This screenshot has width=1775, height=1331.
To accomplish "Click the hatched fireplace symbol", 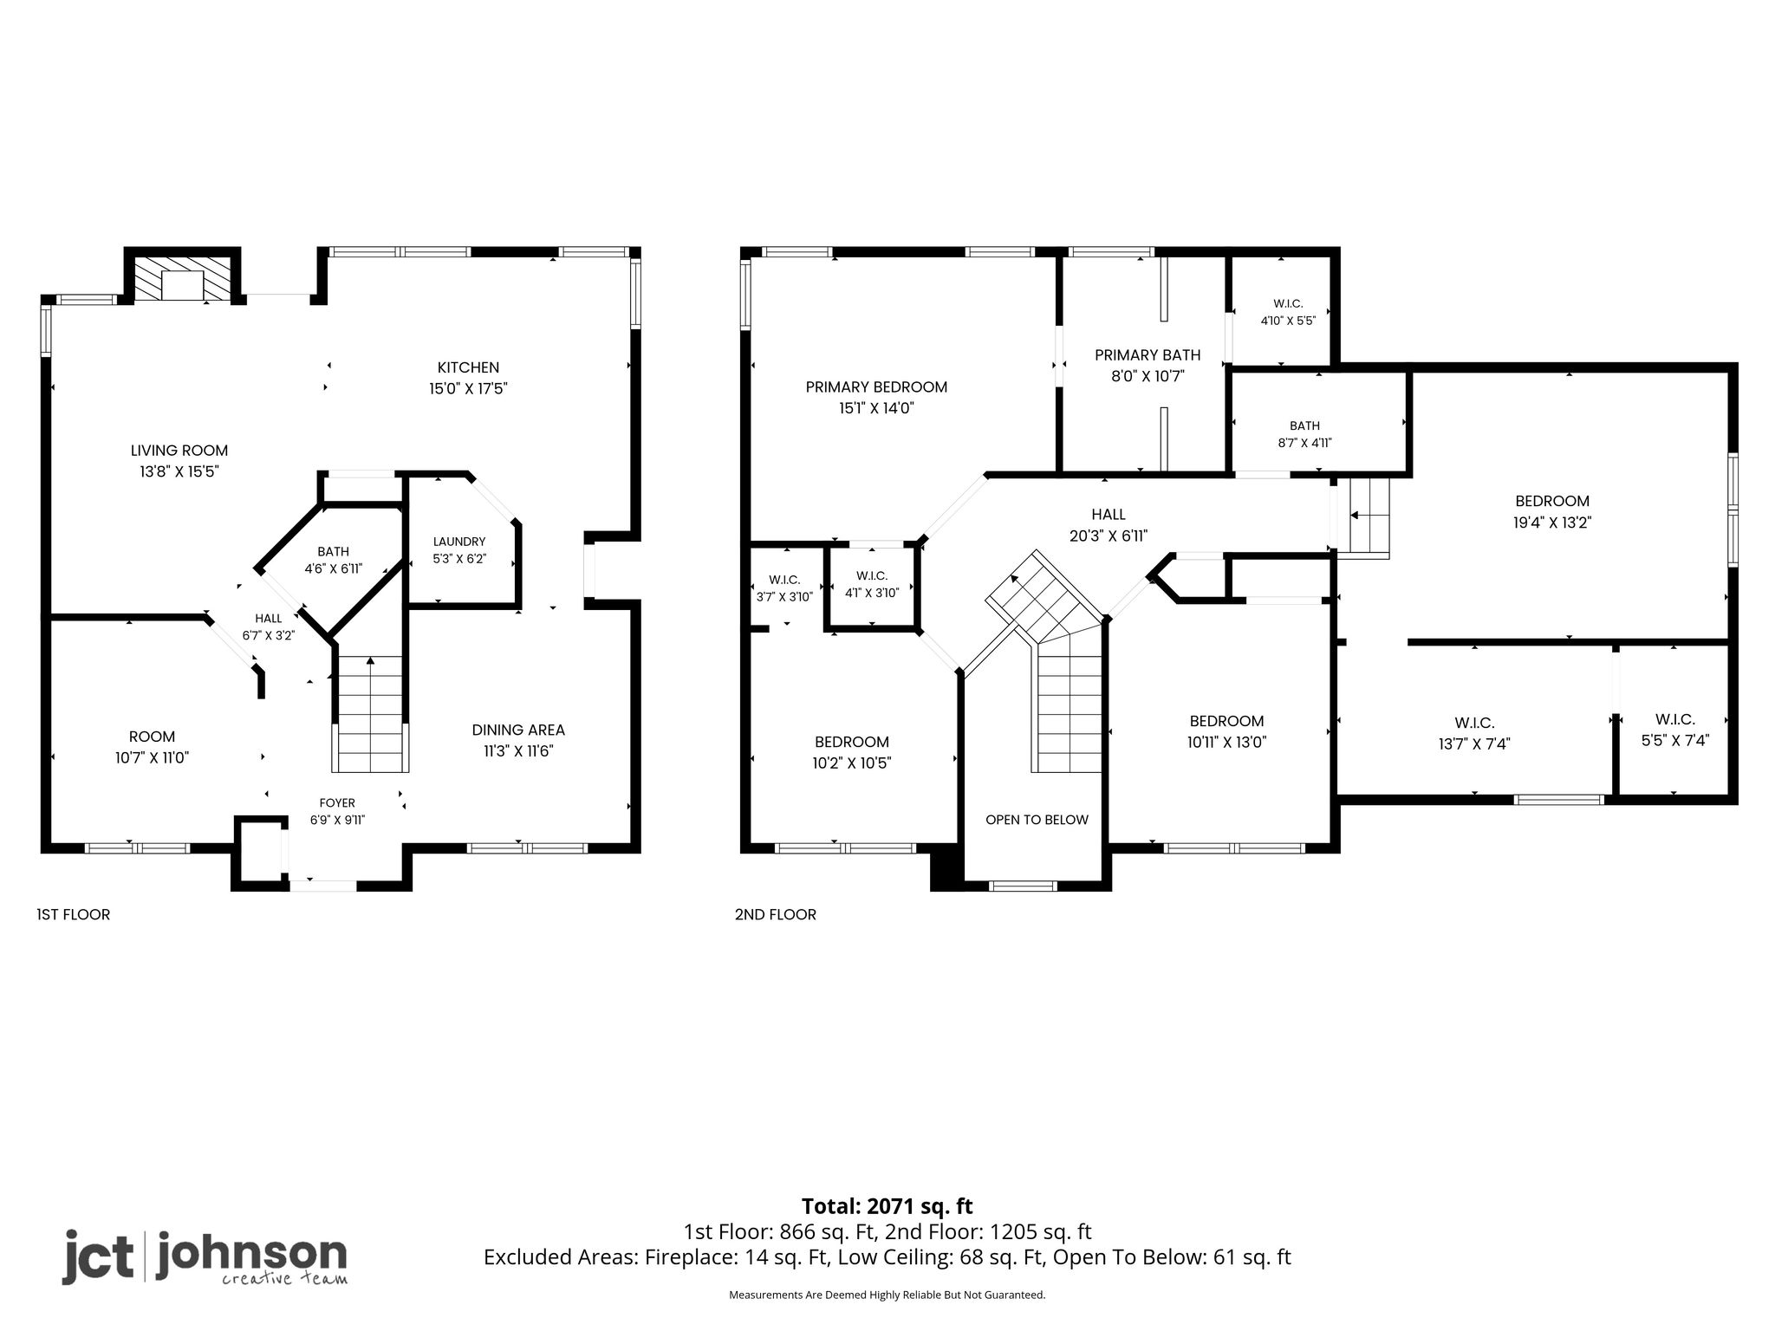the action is tap(183, 277).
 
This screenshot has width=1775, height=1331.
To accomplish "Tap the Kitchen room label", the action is tap(468, 367).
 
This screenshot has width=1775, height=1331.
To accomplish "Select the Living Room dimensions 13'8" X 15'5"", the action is tap(179, 471).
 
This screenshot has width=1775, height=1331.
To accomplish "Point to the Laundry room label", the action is tap(459, 542).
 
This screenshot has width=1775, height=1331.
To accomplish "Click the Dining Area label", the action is tap(518, 730).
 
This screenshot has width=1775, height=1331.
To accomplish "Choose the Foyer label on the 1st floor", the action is tap(337, 803).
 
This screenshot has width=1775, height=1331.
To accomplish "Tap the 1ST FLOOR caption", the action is tap(74, 914).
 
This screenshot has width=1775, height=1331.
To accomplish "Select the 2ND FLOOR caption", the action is tap(776, 914).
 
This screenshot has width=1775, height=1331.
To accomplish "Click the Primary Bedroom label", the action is tap(876, 387).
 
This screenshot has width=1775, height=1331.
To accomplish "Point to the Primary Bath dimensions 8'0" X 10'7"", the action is tap(1148, 376).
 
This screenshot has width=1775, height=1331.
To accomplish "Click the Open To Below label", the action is tap(1037, 820).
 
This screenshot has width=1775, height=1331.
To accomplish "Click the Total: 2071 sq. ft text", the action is tap(887, 1206).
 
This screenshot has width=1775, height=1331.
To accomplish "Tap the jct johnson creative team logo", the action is tap(205, 1256).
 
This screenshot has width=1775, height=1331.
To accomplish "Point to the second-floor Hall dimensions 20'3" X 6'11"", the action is tap(1109, 536).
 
